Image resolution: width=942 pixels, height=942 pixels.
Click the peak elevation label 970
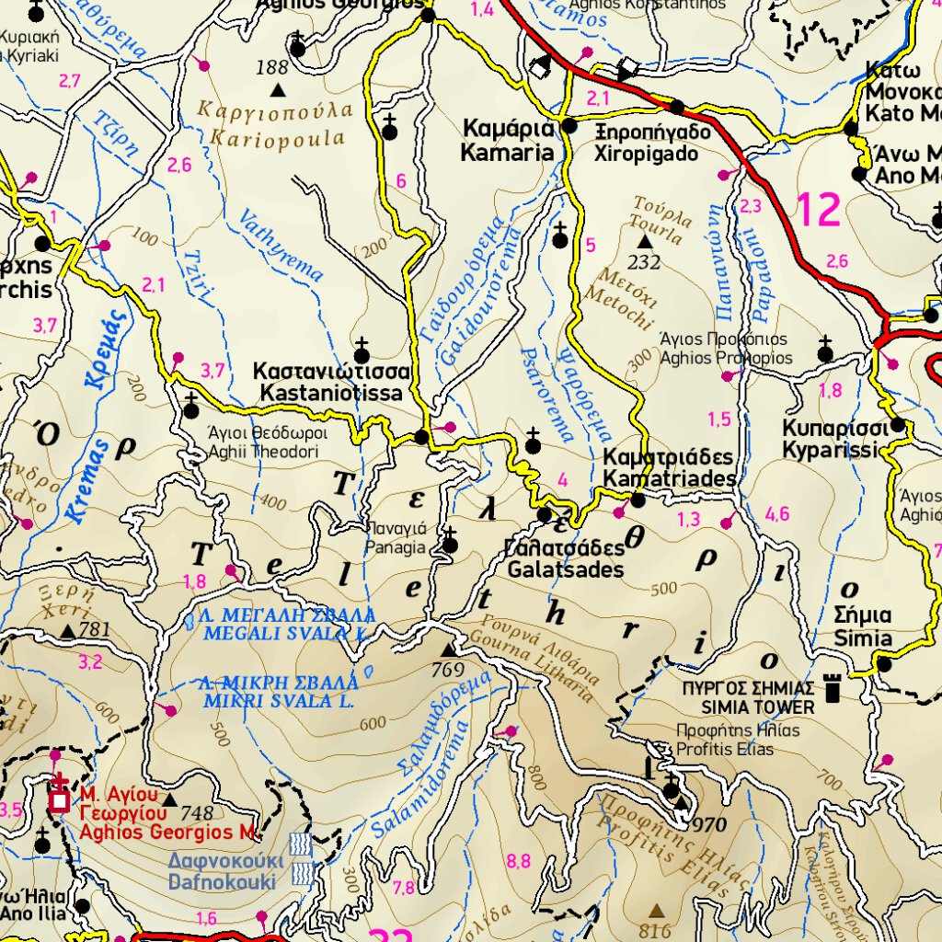click(710, 824)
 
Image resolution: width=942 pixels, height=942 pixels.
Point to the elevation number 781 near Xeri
click(95, 630)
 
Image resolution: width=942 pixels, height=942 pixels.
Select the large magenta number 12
click(818, 210)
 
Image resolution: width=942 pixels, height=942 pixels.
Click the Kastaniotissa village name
click(330, 383)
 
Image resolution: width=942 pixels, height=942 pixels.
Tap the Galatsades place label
click(564, 558)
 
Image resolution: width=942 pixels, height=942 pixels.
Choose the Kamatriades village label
click(670, 468)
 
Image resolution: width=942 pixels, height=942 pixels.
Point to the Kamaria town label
click(509, 140)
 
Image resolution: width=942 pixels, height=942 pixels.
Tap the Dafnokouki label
click(222, 870)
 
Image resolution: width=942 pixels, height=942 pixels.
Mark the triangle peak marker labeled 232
click(645, 242)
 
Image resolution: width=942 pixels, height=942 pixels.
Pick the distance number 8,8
click(518, 861)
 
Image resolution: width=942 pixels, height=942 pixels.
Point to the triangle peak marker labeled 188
click(278, 89)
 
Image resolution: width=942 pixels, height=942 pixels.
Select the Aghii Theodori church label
click(262, 442)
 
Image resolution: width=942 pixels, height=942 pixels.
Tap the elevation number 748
click(198, 813)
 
